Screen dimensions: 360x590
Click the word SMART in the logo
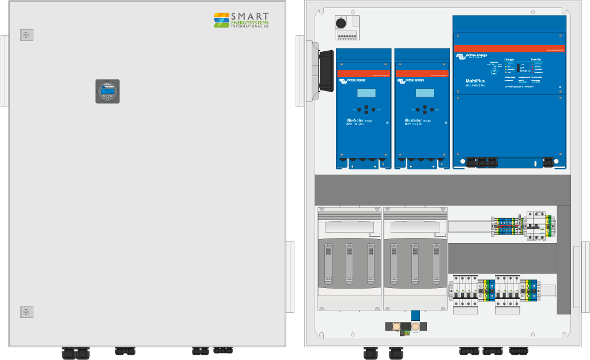point(251,17)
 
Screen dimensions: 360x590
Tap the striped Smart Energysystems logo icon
point(222,20)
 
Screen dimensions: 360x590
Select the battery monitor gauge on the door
point(107,91)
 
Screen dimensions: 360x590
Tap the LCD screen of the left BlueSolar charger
point(365,93)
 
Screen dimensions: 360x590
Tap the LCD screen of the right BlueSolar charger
point(425,93)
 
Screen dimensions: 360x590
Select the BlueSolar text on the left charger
point(350,120)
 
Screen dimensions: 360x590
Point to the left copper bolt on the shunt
point(397,328)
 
